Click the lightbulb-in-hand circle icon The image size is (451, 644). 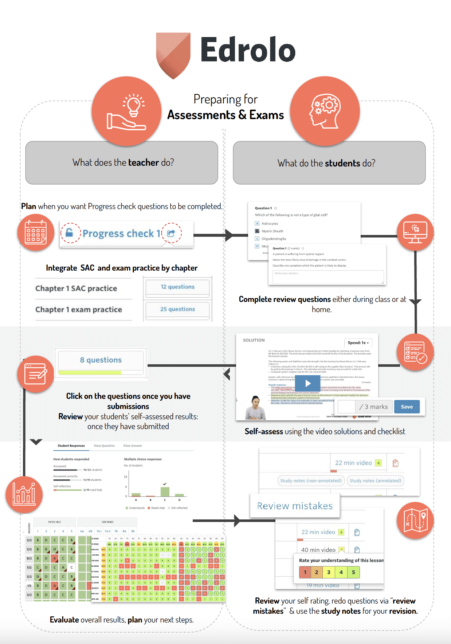coord(126,111)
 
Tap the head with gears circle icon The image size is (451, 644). coord(325,111)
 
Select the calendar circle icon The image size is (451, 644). coord(36,232)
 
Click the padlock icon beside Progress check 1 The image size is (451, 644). coord(69,232)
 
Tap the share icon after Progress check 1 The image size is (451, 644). coord(171,233)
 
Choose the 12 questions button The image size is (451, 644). coord(177,287)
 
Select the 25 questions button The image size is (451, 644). coord(177,309)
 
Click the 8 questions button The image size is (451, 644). coord(101,360)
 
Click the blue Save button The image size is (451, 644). coord(407,407)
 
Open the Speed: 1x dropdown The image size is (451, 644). coord(358,343)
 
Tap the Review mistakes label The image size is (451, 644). coord(295,506)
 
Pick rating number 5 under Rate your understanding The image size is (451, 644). coord(353,572)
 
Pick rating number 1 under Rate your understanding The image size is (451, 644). coord(305,572)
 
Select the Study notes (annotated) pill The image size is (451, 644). coord(375,481)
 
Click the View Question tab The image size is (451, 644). coord(104,446)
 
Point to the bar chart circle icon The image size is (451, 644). coord(24,495)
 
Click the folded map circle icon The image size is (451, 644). coord(415,520)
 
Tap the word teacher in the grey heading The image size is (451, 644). coord(144,162)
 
